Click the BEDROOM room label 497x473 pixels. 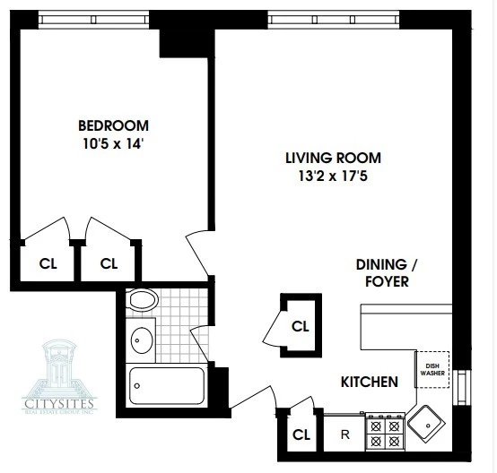(113, 125)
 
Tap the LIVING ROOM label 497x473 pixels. (327, 158)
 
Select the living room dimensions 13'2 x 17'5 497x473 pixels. (327, 176)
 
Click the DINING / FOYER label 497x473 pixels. (382, 272)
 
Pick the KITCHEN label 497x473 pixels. (369, 383)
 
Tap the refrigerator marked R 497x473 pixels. (344, 435)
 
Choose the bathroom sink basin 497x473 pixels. (141, 340)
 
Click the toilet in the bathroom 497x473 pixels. (142, 301)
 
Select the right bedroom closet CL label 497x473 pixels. (109, 264)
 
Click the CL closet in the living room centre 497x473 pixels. (300, 326)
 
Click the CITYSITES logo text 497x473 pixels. (64, 406)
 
